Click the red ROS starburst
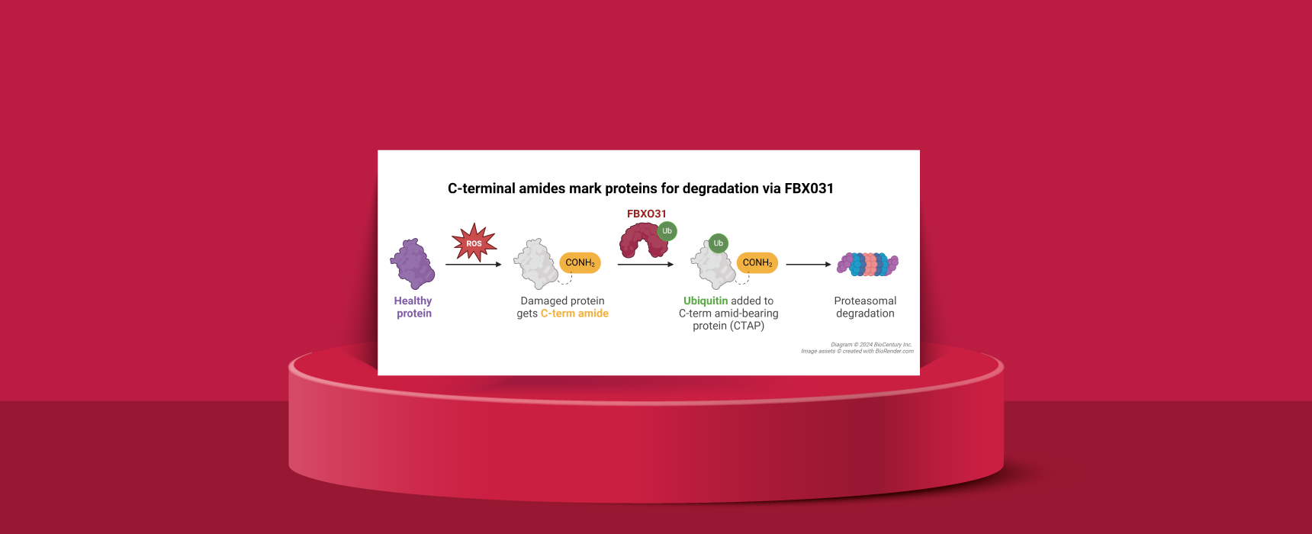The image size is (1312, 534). (474, 243)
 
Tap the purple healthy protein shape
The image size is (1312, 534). (413, 264)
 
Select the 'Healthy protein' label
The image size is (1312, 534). (413, 307)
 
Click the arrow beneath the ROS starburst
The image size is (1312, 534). (474, 265)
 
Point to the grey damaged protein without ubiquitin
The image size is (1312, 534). (536, 264)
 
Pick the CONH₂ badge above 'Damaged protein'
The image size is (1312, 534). (580, 262)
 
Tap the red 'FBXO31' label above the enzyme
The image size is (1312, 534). (647, 214)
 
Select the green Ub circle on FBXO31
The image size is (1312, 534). (667, 231)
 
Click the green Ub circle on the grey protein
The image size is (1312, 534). (718, 243)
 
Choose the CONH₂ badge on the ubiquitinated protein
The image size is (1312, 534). (757, 262)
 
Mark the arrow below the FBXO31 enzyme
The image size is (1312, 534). (646, 265)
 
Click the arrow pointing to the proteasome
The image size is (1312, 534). (809, 265)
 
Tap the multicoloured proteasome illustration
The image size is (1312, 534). (868, 265)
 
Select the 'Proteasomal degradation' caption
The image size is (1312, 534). (865, 307)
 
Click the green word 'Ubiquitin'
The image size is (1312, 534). (706, 301)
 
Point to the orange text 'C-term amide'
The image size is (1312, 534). (574, 314)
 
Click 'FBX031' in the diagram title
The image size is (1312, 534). (809, 188)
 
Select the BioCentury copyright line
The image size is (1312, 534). (871, 345)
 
